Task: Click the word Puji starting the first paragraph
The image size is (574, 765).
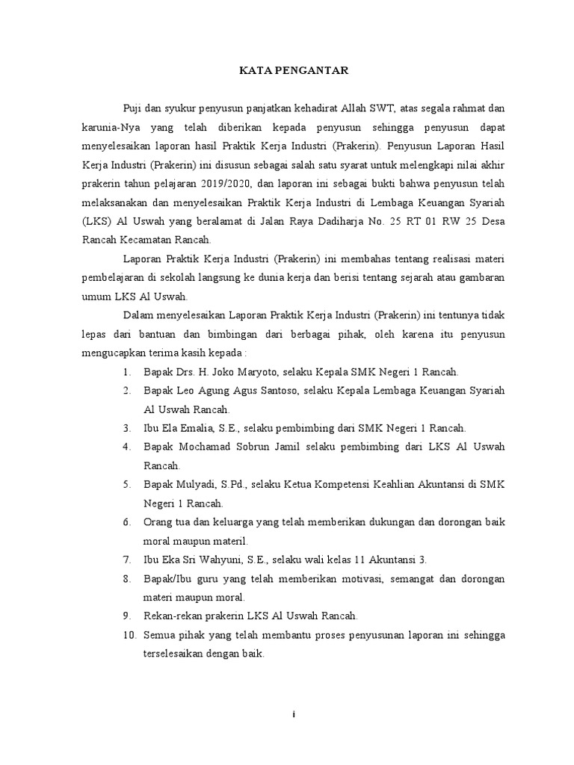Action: click(133, 109)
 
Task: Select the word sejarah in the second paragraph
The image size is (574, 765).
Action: click(429, 277)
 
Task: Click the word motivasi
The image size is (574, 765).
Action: click(319, 578)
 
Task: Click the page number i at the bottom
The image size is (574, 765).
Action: click(294, 715)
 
